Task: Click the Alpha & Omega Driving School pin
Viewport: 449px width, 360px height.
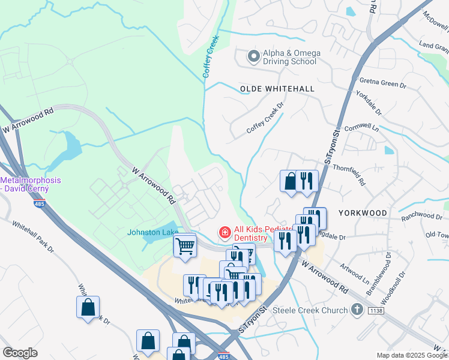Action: (254, 57)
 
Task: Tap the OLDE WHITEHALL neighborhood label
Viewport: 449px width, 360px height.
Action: (277, 89)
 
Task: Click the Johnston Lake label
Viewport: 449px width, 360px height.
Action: (149, 232)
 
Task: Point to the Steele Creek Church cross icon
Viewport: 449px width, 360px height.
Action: (357, 310)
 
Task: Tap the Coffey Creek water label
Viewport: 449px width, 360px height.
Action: (211, 56)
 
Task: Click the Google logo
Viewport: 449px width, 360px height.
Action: (20, 353)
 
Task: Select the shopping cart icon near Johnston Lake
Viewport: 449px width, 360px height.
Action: (185, 245)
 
